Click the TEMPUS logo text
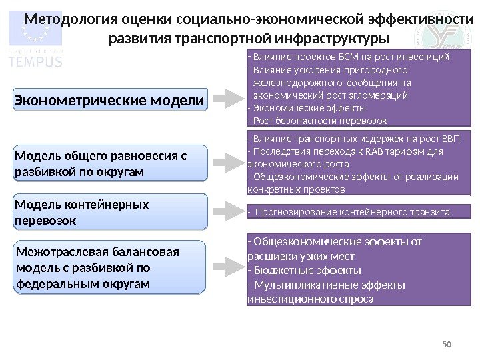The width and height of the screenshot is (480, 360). [x=35, y=61]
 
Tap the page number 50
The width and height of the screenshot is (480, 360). [x=447, y=344]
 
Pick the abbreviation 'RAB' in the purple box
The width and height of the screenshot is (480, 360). [x=357, y=151]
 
